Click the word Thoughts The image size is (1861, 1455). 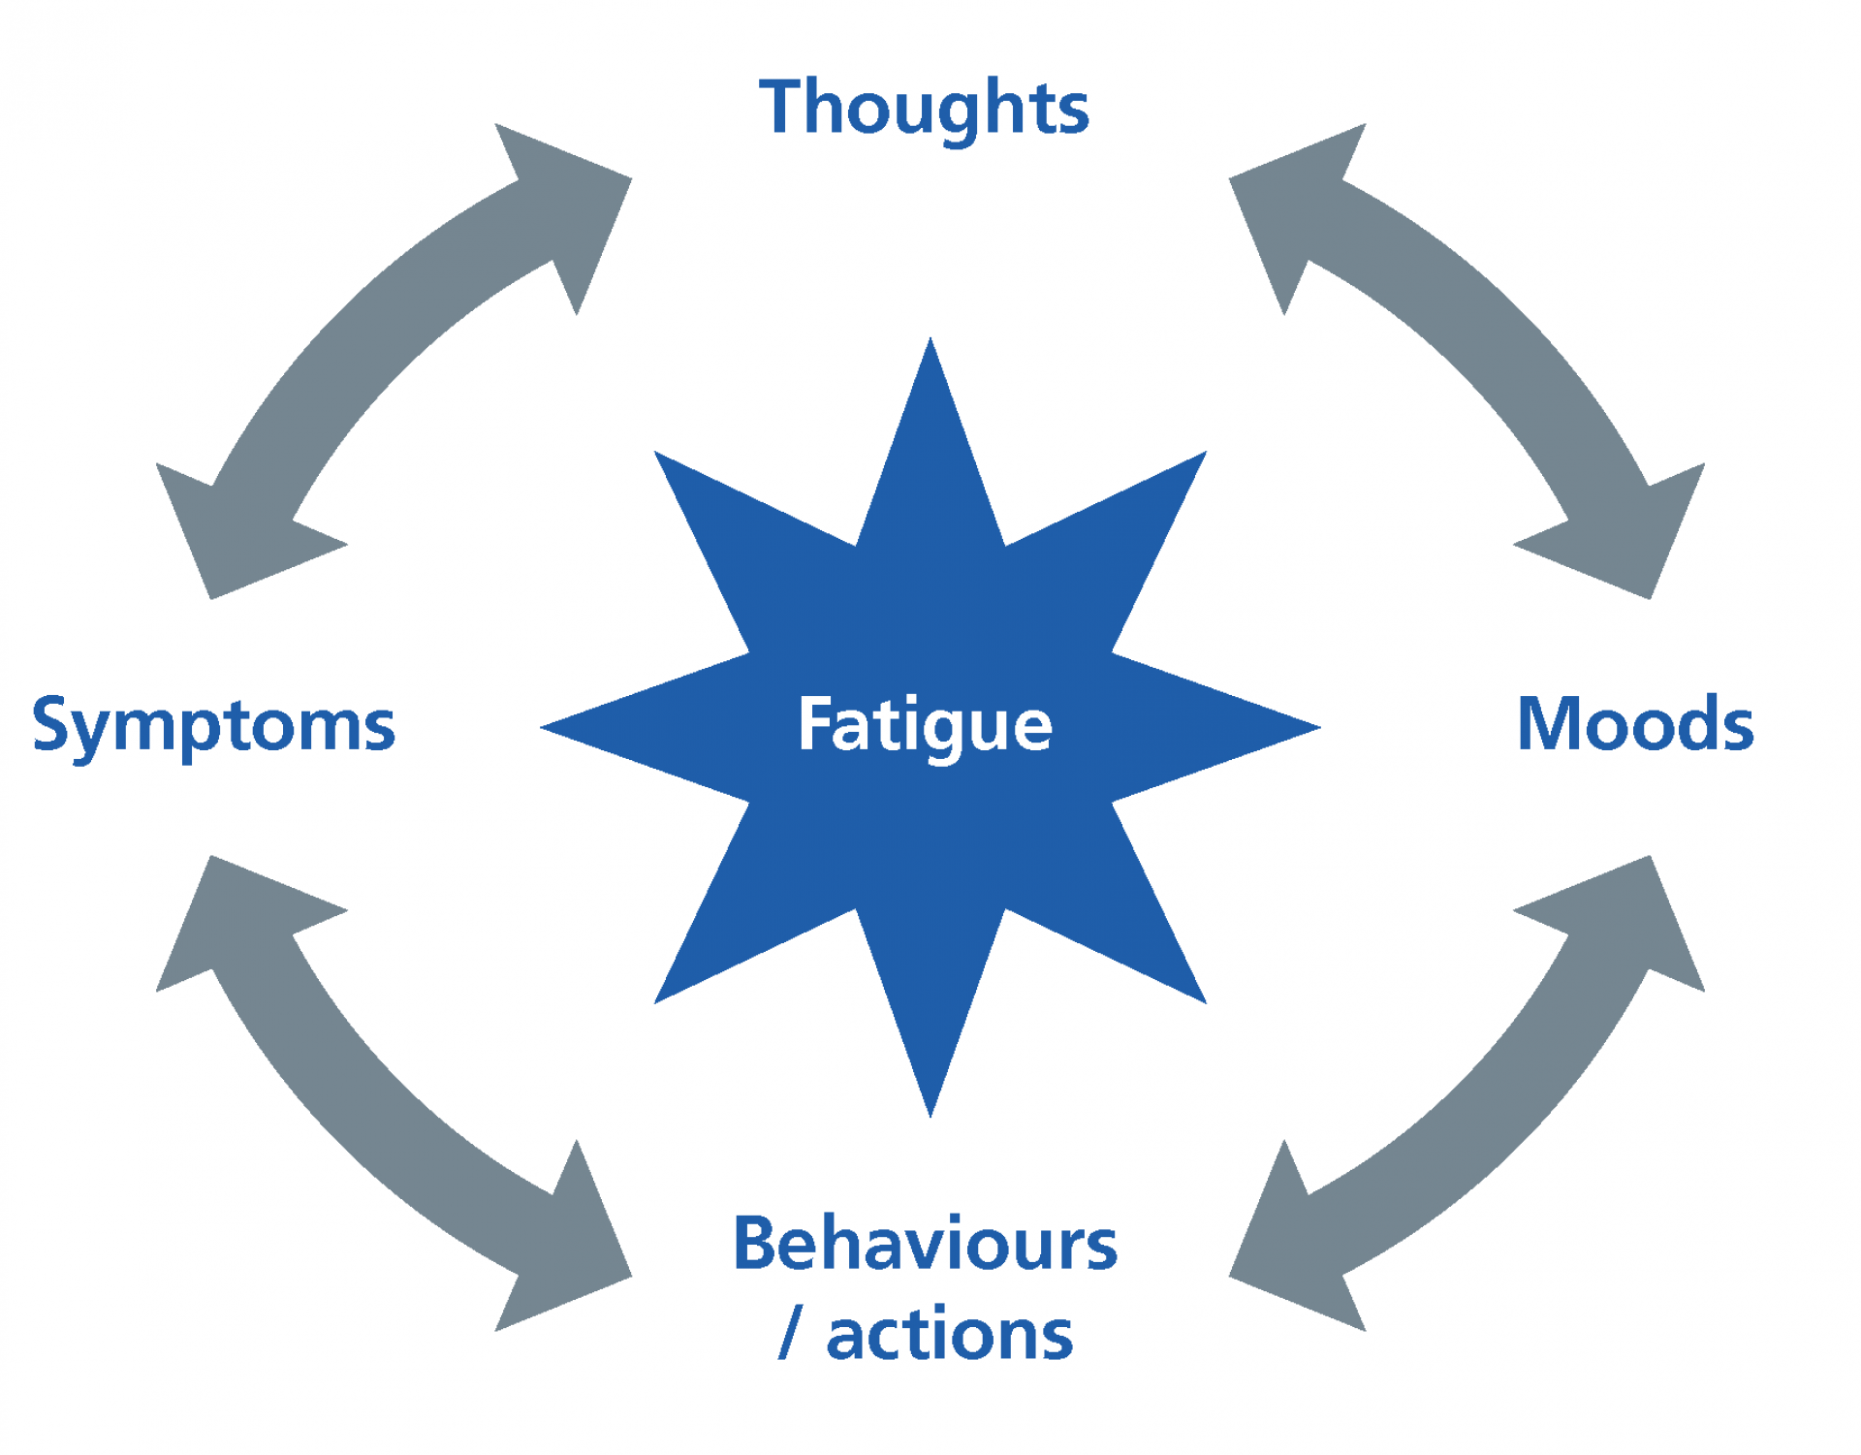tap(924, 109)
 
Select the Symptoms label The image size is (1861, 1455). tap(213, 727)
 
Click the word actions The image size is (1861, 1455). tap(950, 1335)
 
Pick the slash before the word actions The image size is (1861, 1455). tap(791, 1334)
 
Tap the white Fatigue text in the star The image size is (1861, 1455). tap(925, 727)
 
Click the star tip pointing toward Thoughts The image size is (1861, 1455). tap(930, 339)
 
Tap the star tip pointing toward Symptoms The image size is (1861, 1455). tap(543, 727)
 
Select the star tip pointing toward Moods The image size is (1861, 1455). tap(1318, 727)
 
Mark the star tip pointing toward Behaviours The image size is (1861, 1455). tap(930, 1115)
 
